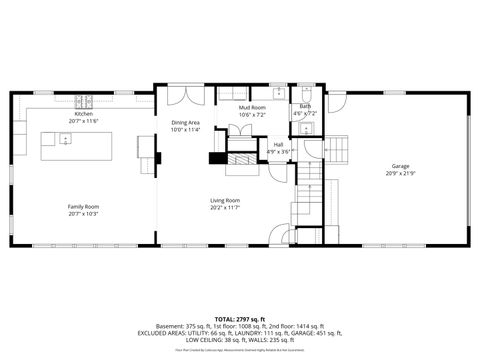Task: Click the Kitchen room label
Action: [85, 114]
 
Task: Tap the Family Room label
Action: [84, 207]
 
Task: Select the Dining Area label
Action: [185, 123]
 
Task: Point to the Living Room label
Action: [224, 200]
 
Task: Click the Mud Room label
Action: [252, 107]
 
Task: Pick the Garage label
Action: [400, 166]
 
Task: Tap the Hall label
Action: [280, 145]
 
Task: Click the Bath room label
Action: [304, 106]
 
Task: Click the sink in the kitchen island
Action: [65, 140]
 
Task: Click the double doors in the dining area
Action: [184, 96]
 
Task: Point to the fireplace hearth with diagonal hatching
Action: [240, 159]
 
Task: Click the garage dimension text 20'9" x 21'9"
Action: [400, 173]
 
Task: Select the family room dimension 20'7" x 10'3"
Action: [84, 214]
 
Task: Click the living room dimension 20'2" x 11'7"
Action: [224, 207]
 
